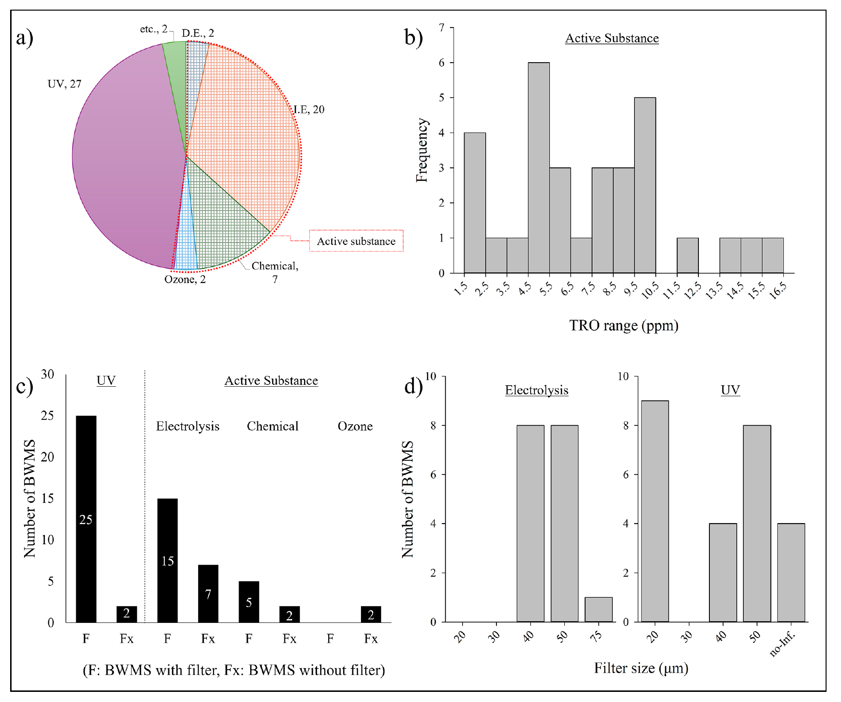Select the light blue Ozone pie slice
[186, 251]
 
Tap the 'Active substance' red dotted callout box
[356, 241]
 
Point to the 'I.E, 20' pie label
[309, 109]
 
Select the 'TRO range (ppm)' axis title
[624, 325]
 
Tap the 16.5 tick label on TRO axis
[777, 291]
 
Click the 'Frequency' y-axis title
[422, 150]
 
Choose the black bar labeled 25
[86, 519]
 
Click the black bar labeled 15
[167, 560]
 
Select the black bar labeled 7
[208, 594]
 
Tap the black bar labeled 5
[249, 602]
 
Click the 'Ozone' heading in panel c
[355, 426]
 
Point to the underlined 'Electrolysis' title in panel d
[536, 390]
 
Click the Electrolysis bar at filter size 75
[599, 609]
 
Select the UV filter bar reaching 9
[654, 511]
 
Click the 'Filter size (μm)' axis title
[641, 668]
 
